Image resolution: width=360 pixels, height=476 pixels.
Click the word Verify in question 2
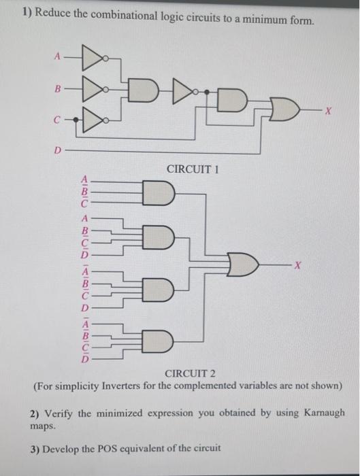pos(61,413)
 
